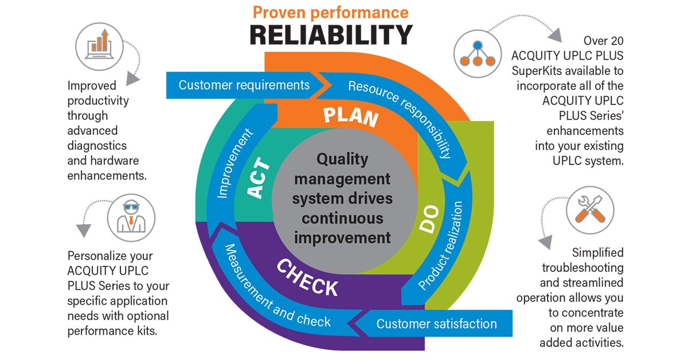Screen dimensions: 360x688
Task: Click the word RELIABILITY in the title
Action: [331, 35]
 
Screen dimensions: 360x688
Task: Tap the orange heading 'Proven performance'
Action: [331, 12]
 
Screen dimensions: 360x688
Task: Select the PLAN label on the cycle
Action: [350, 116]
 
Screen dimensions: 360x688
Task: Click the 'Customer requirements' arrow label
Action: [244, 85]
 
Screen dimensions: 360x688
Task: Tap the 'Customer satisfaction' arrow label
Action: [436, 324]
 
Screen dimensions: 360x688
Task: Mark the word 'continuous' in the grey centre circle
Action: [342, 218]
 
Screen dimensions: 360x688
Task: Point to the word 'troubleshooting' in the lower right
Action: [582, 267]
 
